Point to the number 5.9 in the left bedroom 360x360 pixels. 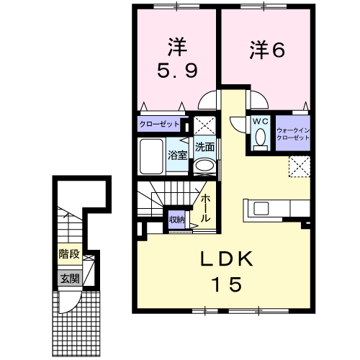[176, 72]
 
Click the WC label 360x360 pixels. [260, 122]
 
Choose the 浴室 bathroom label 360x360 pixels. [178, 155]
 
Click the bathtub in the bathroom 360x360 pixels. [150, 154]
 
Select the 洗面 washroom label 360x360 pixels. [205, 147]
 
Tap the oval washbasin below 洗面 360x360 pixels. [204, 166]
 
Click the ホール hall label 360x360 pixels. [206, 207]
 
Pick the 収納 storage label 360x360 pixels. [177, 219]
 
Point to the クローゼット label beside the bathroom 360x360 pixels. [160, 124]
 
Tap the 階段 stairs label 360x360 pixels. [69, 254]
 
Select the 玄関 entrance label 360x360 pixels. [69, 278]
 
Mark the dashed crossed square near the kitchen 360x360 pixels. [299, 167]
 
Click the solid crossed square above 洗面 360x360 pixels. [204, 124]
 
